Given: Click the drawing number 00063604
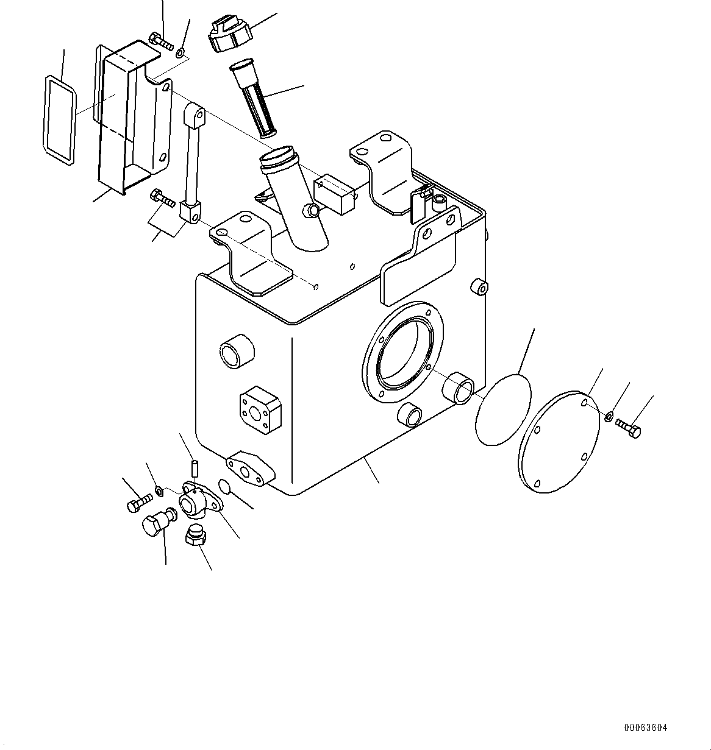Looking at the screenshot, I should coord(645,727).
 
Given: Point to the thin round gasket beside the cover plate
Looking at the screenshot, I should coord(503,409).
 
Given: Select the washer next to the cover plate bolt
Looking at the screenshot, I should coord(609,417).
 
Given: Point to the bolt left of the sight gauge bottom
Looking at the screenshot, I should coord(162,197).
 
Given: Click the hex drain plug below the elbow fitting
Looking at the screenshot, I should coord(195,537).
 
